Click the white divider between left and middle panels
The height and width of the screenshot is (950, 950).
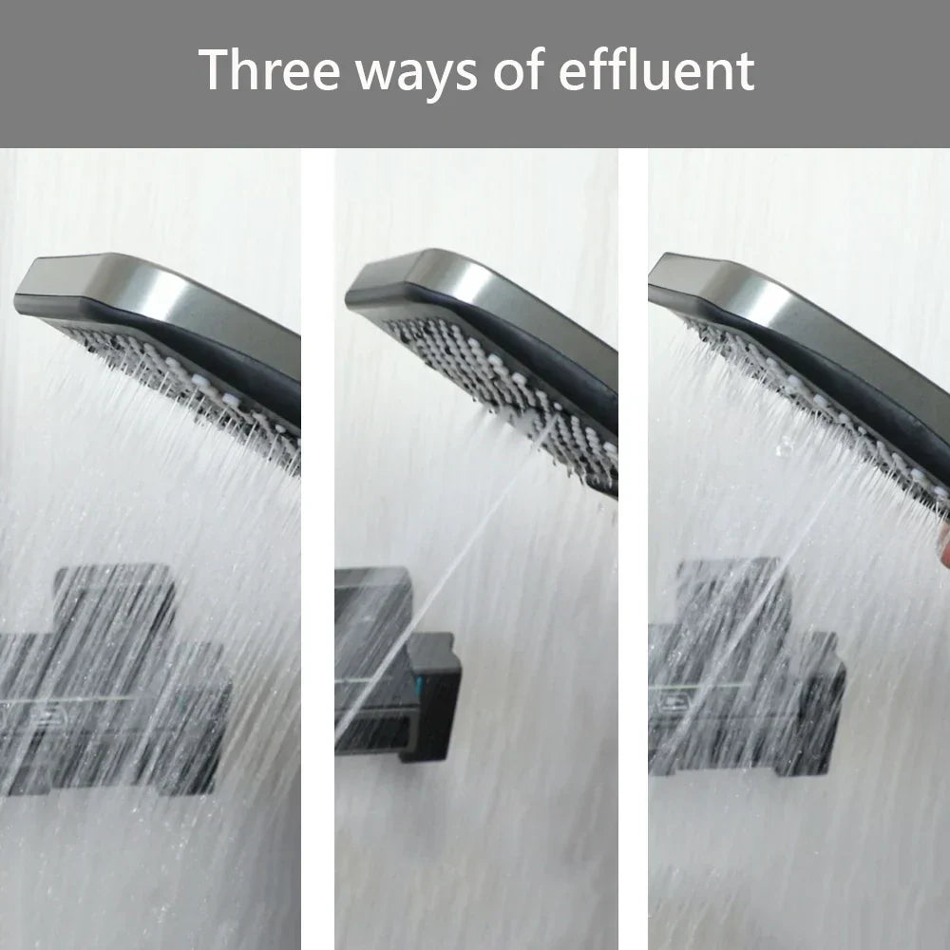point(318,551)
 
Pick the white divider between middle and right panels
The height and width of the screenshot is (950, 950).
point(633,551)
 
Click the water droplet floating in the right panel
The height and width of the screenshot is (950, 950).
point(784,444)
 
